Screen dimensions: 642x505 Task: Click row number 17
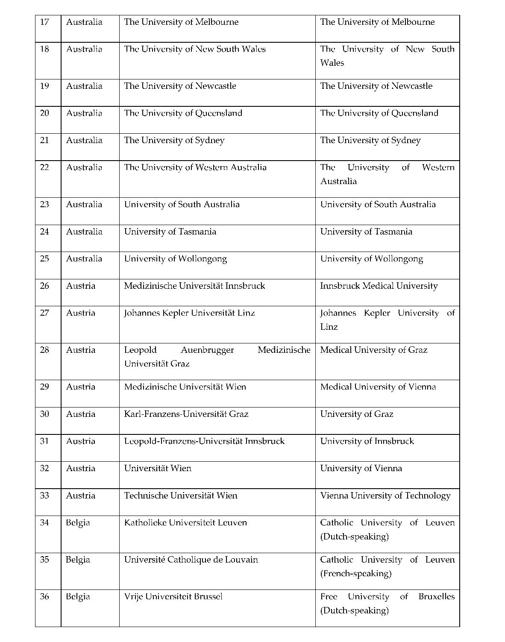click(44, 22)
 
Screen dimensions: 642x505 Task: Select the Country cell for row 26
click(80, 286)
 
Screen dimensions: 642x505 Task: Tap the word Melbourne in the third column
click(217, 22)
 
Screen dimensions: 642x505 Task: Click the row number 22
click(44, 167)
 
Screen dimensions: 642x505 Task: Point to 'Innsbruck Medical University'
click(379, 286)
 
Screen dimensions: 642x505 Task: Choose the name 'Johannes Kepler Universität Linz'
click(189, 313)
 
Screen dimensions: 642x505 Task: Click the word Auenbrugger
click(207, 350)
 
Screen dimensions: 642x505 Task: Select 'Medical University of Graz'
click(373, 350)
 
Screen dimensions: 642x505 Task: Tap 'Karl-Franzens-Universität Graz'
click(186, 414)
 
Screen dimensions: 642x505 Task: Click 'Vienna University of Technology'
click(385, 496)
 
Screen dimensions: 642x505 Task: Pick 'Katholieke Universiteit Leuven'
click(185, 523)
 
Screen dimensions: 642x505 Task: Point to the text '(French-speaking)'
click(355, 574)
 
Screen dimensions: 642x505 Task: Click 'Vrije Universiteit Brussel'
click(173, 597)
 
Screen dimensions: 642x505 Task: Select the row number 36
click(44, 597)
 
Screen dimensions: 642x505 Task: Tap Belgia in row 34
click(78, 523)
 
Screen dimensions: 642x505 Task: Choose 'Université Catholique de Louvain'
click(191, 560)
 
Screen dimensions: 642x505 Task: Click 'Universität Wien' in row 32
click(158, 469)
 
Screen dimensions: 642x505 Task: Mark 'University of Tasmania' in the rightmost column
click(366, 232)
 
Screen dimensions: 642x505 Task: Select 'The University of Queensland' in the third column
click(183, 114)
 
